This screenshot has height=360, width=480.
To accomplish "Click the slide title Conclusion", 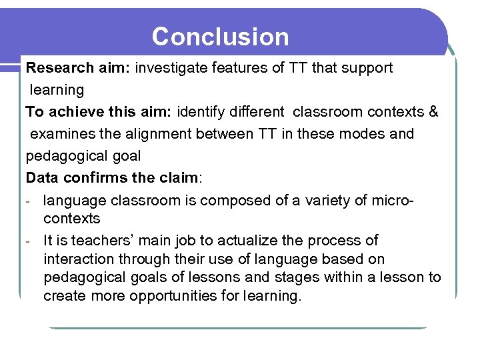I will [x=220, y=37].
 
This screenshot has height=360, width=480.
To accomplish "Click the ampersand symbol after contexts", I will [x=433, y=111].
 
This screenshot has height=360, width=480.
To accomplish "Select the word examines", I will [x=62, y=134].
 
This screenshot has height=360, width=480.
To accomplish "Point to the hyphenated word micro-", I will [x=393, y=200].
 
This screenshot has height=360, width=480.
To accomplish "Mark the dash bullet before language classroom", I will [x=29, y=201].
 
